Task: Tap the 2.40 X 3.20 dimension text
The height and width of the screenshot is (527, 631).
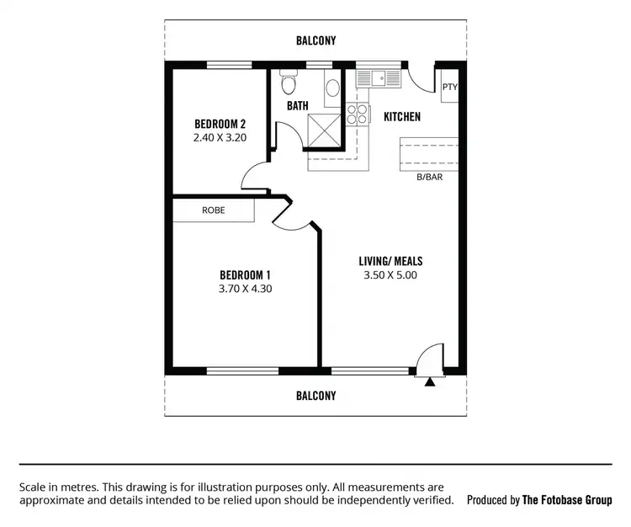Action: pos(220,139)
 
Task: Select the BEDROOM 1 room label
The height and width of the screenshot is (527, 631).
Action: pos(245,274)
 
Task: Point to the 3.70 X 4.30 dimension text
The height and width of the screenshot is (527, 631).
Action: pos(245,289)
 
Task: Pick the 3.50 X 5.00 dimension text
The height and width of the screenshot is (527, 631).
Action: pos(390,274)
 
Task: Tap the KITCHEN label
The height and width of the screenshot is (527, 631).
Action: pos(402,117)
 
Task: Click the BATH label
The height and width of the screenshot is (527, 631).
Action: pos(297,106)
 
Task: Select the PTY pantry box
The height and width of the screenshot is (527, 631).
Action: pos(450,88)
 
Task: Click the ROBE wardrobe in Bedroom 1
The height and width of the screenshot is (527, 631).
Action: pos(214,210)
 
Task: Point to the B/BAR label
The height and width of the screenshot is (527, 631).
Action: pos(430,178)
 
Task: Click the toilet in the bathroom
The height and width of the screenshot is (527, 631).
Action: pos(289,83)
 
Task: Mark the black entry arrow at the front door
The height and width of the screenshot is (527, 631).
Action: pos(430,382)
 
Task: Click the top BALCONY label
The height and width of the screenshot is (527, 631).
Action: pos(315,40)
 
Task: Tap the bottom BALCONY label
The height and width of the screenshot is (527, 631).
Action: pos(315,395)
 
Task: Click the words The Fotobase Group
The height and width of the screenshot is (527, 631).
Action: pos(567,500)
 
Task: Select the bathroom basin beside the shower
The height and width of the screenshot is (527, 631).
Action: pos(332,87)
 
